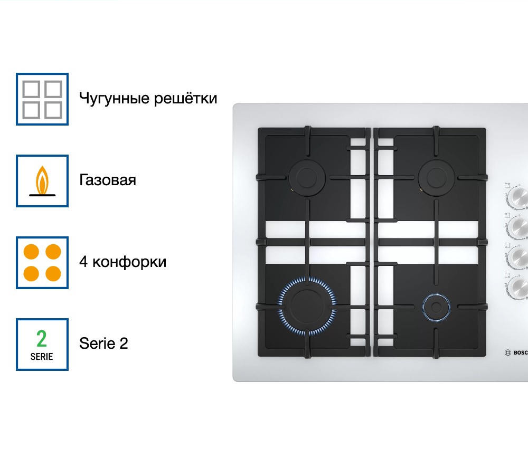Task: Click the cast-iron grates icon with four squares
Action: (x=42, y=99)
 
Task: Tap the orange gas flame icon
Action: (x=42, y=181)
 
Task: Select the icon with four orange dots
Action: (x=42, y=263)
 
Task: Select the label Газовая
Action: (x=108, y=180)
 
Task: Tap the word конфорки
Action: (x=130, y=262)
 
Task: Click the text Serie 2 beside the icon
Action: (x=103, y=343)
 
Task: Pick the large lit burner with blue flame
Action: (x=307, y=305)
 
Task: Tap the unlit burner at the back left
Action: (x=306, y=178)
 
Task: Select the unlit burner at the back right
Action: (x=435, y=178)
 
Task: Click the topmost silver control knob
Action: (x=516, y=197)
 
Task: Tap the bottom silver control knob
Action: (x=516, y=286)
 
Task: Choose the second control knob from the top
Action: (x=516, y=227)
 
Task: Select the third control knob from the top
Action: (x=516, y=257)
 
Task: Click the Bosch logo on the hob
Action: (x=516, y=353)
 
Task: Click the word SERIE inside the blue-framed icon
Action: (x=42, y=357)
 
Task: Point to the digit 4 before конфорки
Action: (x=83, y=262)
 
